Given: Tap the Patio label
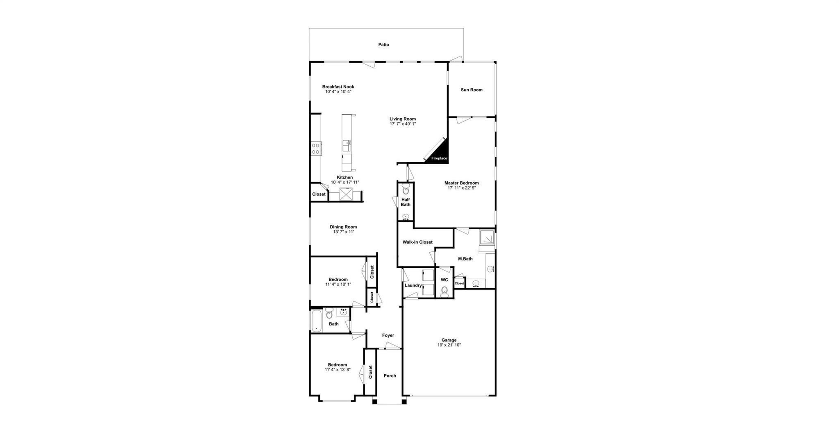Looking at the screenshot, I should [383, 45].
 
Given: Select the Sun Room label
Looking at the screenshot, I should [472, 90].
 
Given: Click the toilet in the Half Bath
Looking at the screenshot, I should [406, 189].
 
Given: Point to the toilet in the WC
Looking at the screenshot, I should [444, 291].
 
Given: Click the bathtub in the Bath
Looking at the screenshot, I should [316, 321].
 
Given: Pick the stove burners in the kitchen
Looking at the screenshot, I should [316, 148].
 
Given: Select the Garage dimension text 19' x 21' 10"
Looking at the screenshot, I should [449, 345].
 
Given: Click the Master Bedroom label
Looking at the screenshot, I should [461, 183].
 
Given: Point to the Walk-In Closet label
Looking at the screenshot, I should [417, 242].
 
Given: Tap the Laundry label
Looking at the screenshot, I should [413, 285].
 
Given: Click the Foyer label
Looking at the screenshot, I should [388, 335].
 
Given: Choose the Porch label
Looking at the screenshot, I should [390, 375].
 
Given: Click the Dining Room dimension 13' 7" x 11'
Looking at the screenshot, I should [343, 232].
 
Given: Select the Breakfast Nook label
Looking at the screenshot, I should [338, 86].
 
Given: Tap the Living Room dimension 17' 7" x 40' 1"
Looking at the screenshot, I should [402, 124].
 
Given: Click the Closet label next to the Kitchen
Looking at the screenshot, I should [319, 194].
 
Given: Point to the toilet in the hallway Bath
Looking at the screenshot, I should [329, 314].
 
